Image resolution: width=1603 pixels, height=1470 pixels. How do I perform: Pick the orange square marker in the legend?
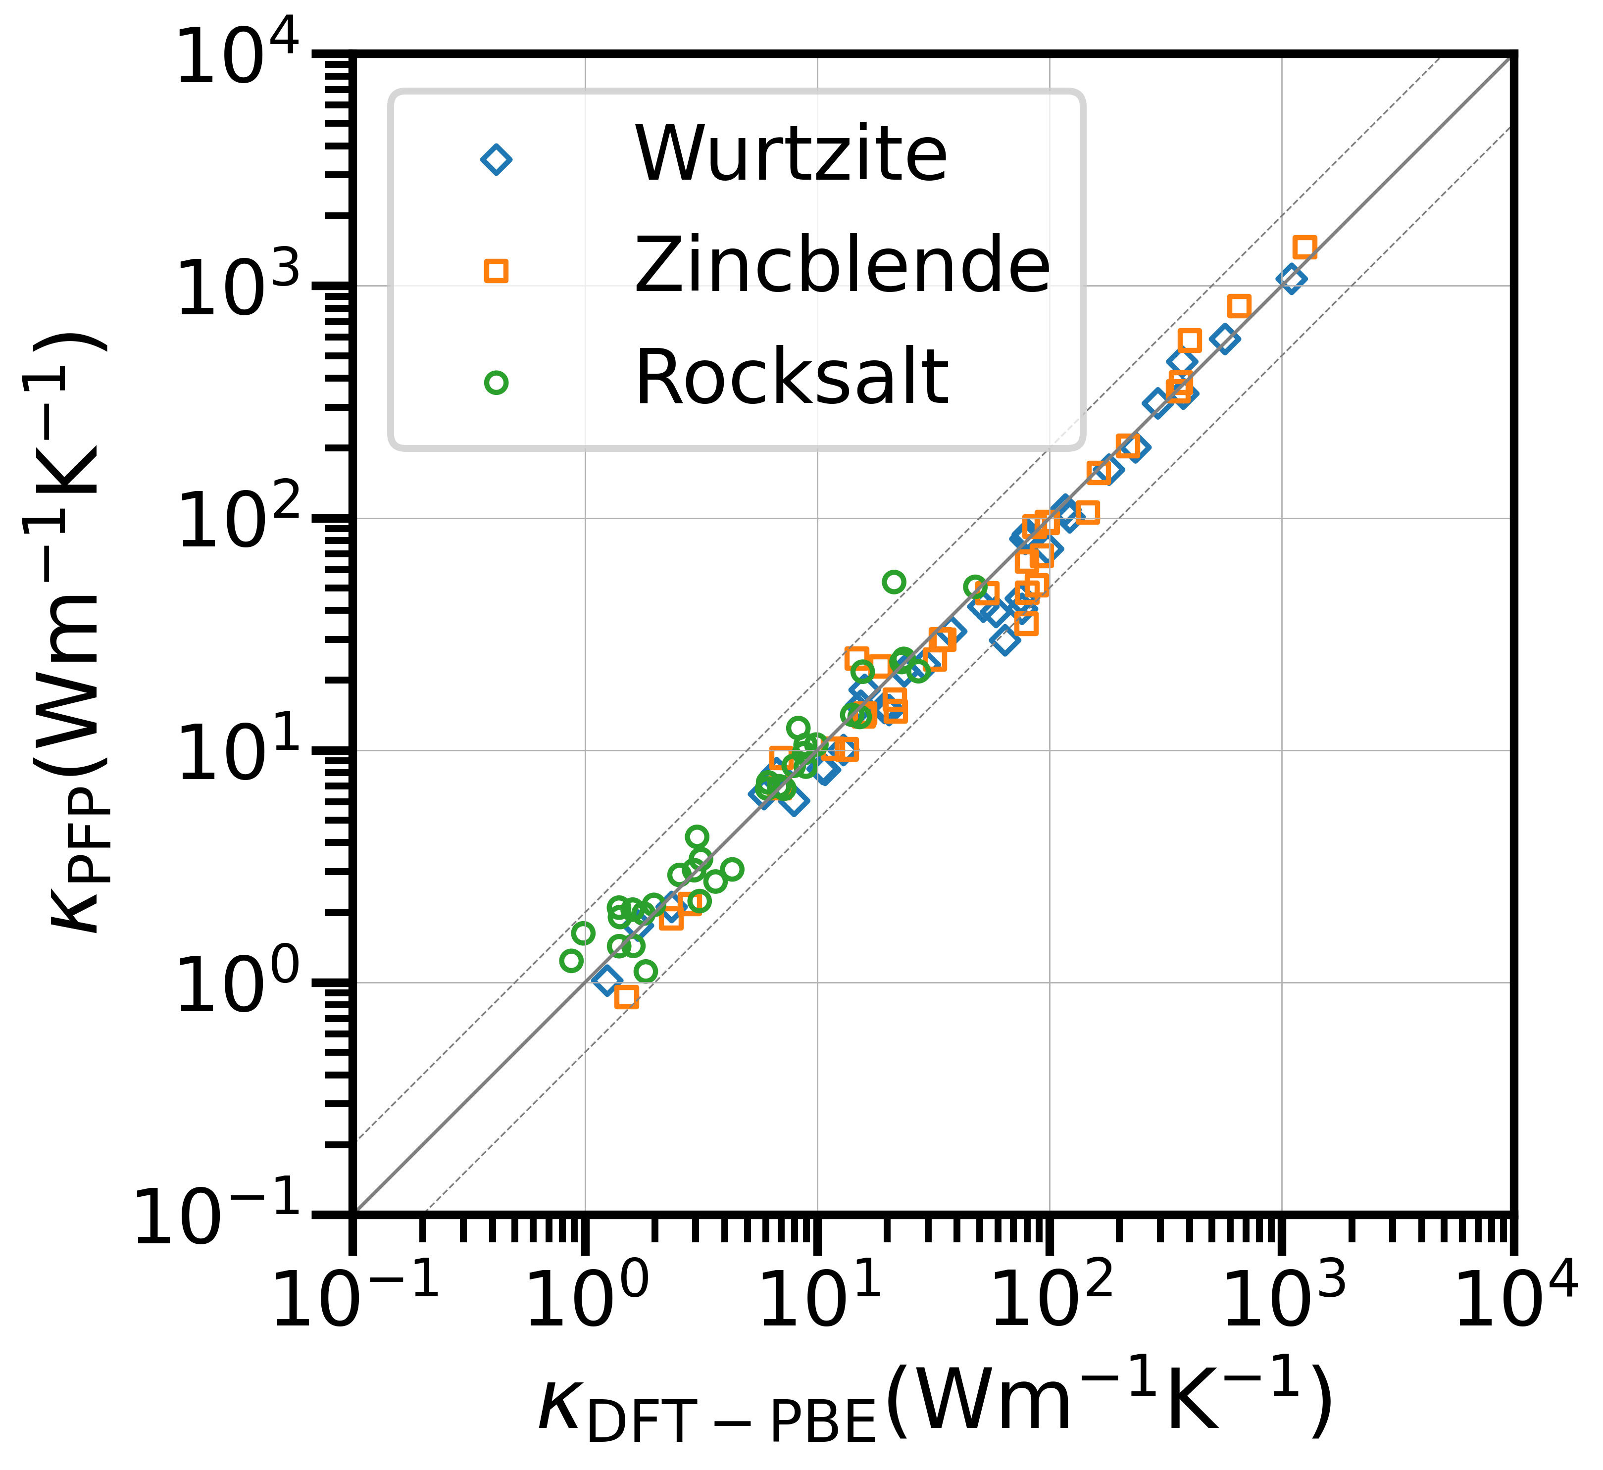(x=497, y=271)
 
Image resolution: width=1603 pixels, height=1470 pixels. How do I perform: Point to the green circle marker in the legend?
(x=497, y=383)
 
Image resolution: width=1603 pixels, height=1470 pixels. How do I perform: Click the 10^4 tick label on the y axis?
(x=239, y=57)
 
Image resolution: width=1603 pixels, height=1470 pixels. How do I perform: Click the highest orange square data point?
(x=1304, y=247)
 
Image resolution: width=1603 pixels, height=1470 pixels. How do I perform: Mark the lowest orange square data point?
(x=627, y=997)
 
